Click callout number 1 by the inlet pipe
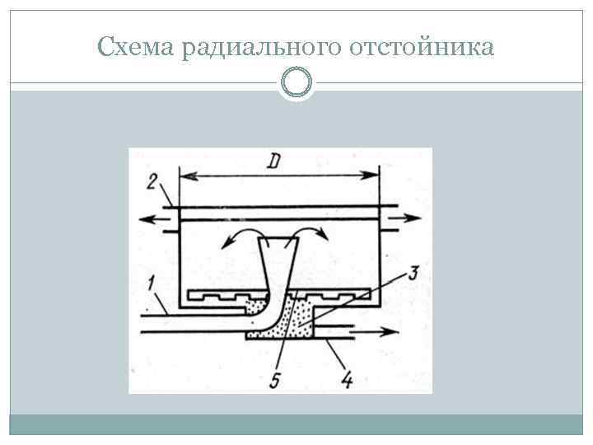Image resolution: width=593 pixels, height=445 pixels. coord(151,286)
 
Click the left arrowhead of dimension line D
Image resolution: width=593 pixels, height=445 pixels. coord(184,175)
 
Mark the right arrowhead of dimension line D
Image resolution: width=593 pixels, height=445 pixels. coord(374,175)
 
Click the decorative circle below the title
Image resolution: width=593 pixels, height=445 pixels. coord(296,82)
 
